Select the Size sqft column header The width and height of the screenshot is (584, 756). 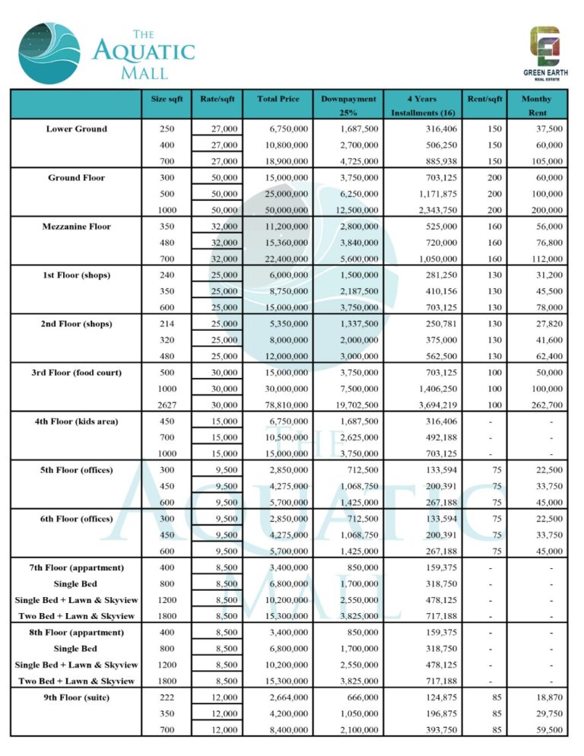(x=165, y=99)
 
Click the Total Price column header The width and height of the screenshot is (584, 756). (x=278, y=99)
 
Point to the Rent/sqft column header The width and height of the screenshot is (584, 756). (x=484, y=99)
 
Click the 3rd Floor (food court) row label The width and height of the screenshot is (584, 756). (x=76, y=373)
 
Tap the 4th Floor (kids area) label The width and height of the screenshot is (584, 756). (x=76, y=421)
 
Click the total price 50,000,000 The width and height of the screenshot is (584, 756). (x=283, y=210)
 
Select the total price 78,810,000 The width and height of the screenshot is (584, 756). (x=283, y=405)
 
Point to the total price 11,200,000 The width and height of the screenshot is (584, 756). (x=283, y=227)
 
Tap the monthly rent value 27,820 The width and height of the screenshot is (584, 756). (x=548, y=324)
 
